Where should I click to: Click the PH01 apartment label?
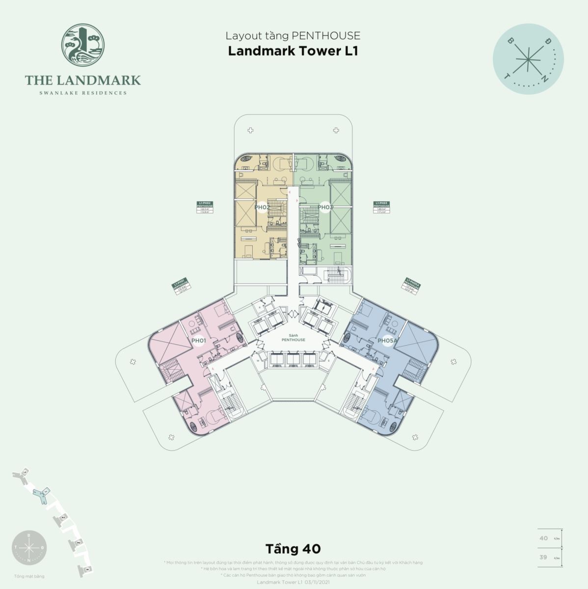(x=198, y=340)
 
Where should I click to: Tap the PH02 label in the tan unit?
(x=262, y=207)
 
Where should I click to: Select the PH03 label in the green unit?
(x=325, y=207)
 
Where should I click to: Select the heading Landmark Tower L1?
(x=293, y=51)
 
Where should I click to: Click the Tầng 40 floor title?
(x=293, y=547)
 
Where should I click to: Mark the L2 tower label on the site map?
(x=25, y=472)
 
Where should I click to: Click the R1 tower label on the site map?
(x=87, y=569)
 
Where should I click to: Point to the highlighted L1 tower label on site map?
(x=45, y=491)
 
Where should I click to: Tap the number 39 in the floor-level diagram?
(x=543, y=557)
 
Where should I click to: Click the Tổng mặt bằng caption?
(x=29, y=576)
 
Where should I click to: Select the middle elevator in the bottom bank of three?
(x=293, y=359)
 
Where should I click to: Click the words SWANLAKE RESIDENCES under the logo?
(x=83, y=93)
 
